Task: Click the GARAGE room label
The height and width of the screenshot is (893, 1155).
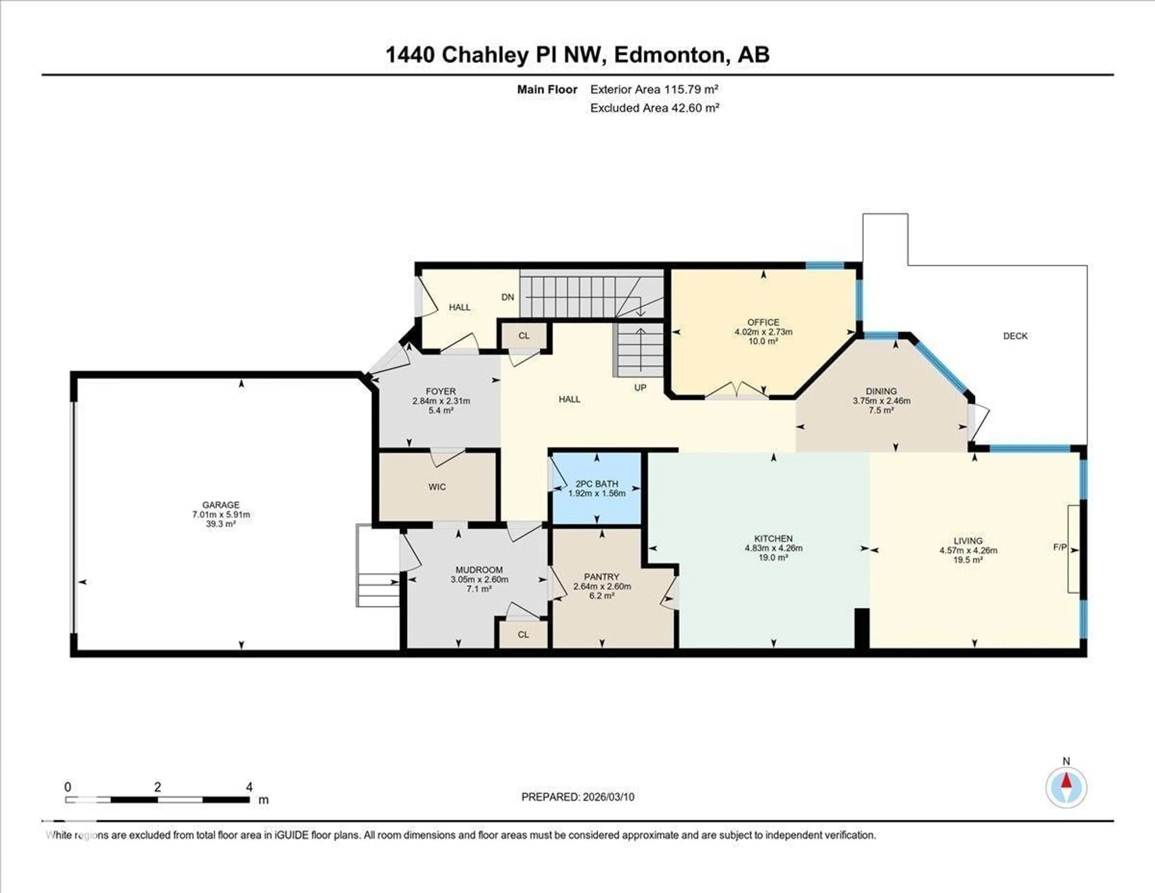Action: click(220, 505)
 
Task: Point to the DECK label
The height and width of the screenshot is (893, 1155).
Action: click(1015, 336)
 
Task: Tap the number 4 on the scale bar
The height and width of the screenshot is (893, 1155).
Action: click(249, 787)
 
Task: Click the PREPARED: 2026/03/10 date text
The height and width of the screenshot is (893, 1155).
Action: click(577, 797)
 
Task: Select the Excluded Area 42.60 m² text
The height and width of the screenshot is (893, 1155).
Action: click(654, 108)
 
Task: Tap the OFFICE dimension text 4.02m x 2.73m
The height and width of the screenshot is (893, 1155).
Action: click(763, 332)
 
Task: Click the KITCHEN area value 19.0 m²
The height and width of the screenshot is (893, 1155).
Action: click(773, 557)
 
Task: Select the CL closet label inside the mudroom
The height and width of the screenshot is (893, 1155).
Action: click(523, 635)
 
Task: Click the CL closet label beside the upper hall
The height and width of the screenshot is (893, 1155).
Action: click(524, 336)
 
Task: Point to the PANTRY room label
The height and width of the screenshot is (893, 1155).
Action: click(601, 577)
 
